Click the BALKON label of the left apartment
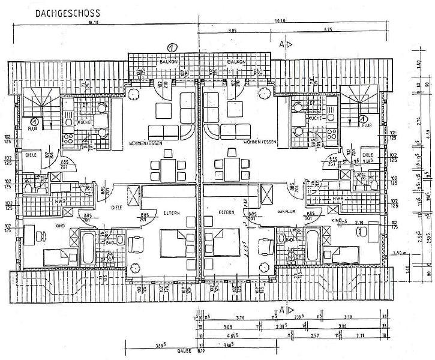[167, 62]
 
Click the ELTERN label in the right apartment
[226, 212]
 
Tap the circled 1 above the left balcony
[172, 47]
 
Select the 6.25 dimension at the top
[328, 29]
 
